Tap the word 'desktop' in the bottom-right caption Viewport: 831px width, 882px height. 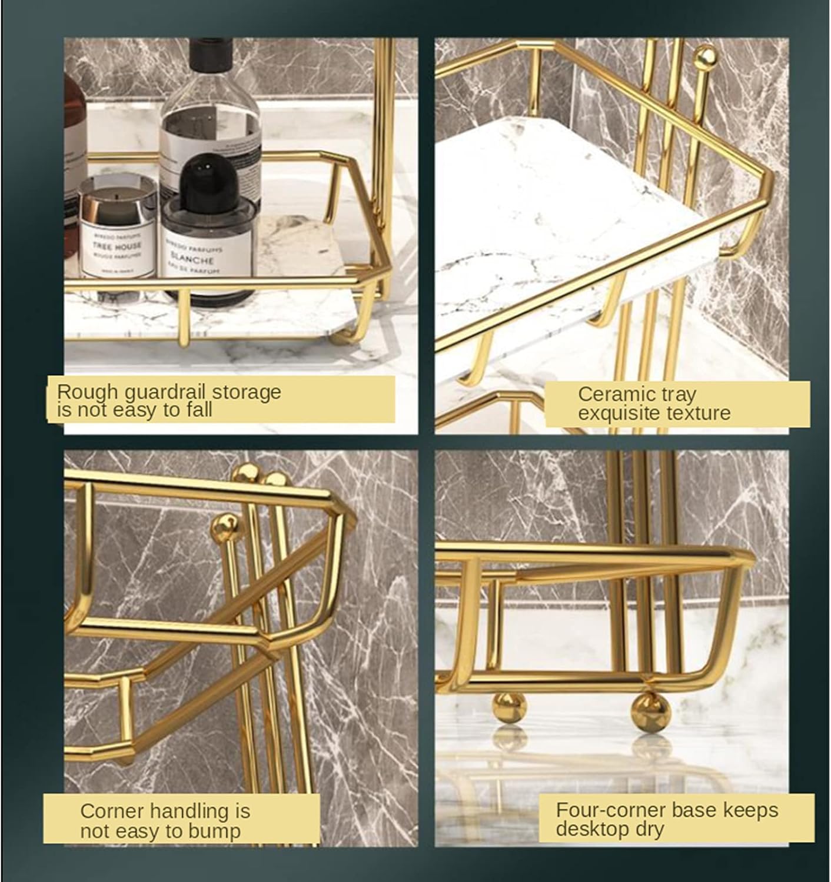593,830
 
